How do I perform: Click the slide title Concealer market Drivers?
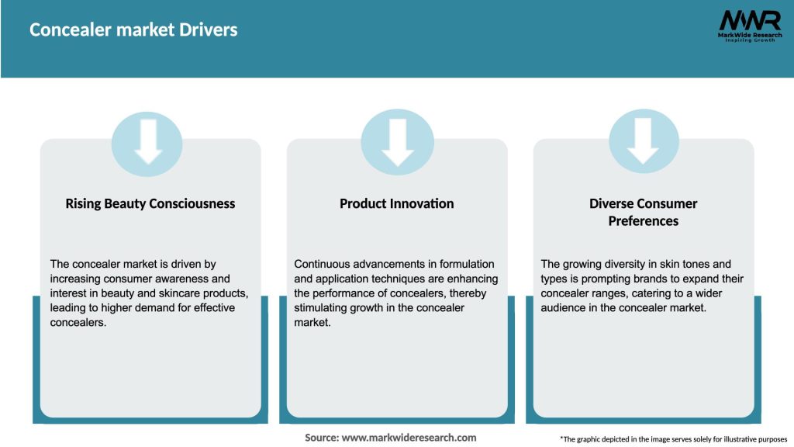tap(133, 30)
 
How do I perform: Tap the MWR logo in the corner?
tap(750, 26)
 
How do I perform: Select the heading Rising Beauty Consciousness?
tap(150, 204)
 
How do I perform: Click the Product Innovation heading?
tap(396, 204)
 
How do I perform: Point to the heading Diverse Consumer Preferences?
tap(643, 213)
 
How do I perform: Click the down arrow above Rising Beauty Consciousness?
tap(148, 142)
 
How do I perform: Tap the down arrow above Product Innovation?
tap(398, 143)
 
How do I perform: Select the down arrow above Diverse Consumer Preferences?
tap(643, 141)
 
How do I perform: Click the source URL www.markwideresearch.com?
tap(409, 438)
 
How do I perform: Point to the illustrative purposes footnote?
tap(674, 439)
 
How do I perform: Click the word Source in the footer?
tap(322, 438)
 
